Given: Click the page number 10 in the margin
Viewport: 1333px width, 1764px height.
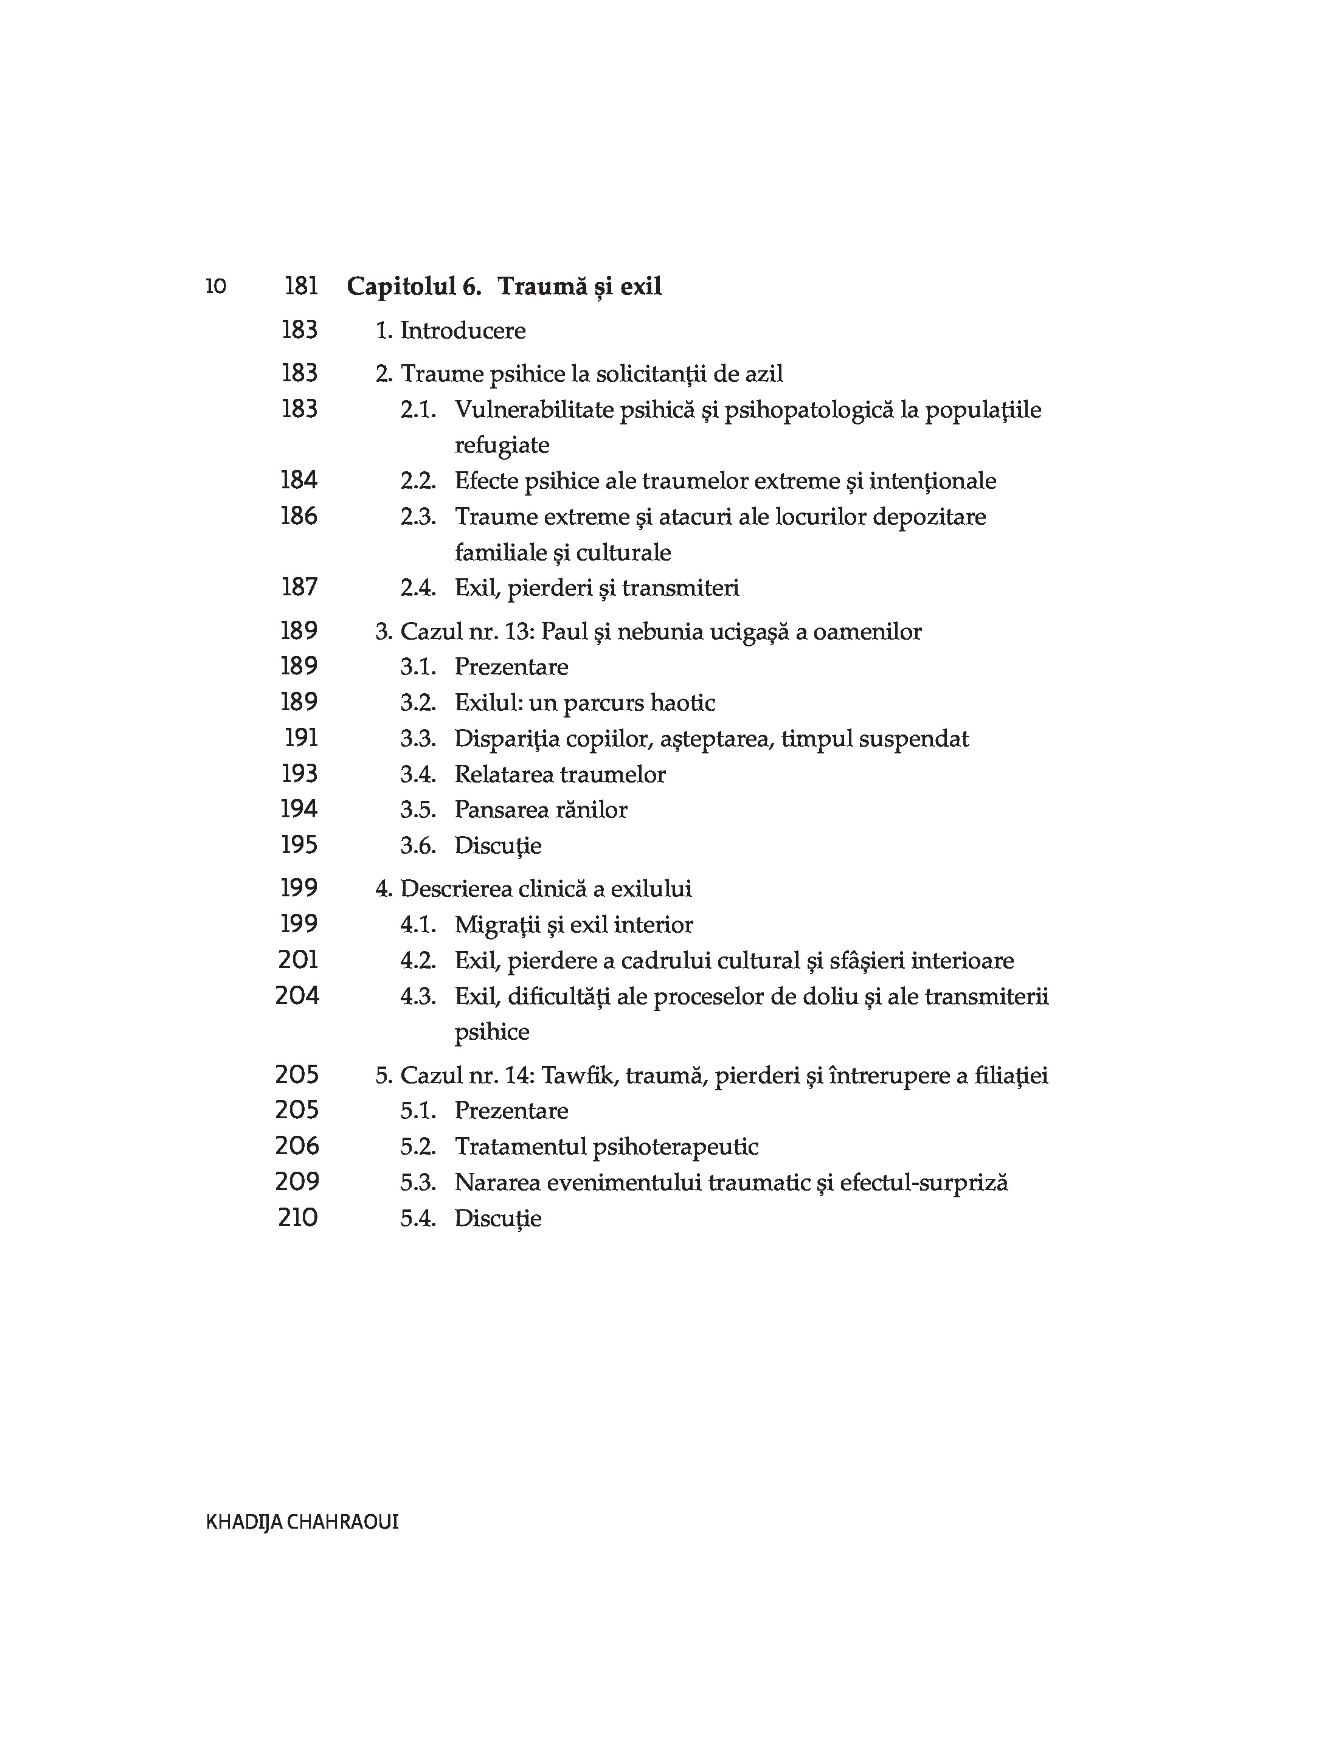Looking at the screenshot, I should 215,286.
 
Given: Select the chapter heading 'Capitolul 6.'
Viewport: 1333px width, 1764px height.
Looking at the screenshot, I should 414,286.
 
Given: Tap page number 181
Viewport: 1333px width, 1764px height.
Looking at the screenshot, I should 301,286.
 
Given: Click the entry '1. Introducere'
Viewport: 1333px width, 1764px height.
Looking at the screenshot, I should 451,330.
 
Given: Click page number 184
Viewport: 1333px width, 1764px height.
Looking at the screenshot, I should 299,480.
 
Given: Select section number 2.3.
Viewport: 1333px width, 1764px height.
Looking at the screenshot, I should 418,517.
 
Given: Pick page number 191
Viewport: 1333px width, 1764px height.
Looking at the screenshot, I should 301,738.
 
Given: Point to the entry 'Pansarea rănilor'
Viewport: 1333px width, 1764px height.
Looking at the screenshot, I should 541,809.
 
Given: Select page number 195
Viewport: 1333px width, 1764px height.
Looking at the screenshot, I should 299,845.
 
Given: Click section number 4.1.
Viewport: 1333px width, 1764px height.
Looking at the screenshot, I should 418,925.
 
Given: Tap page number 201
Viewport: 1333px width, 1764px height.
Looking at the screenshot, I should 299,960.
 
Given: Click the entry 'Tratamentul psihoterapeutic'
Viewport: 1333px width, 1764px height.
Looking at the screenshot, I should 606,1147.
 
